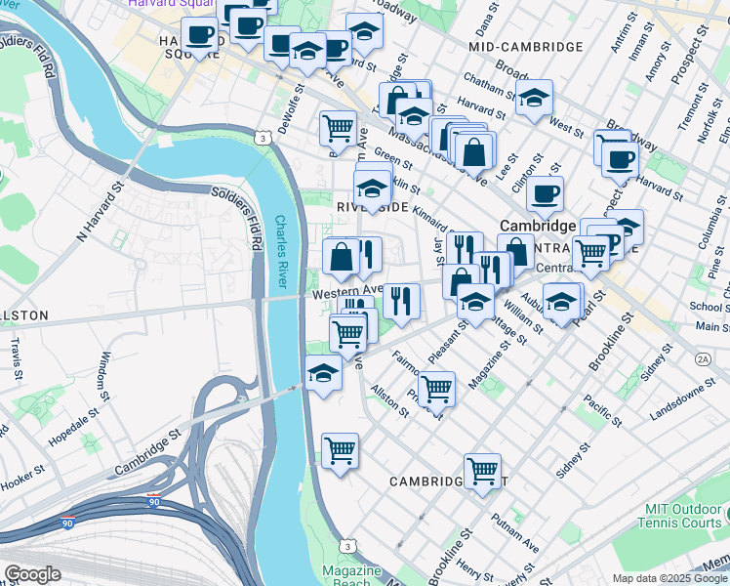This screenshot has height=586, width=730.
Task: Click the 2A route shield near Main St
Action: pos(703,359)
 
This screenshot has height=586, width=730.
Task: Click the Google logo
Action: pos(32,574)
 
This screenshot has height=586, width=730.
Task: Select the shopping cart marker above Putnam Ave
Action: pos(482,471)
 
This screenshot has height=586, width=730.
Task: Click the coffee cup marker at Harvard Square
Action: pos(200,35)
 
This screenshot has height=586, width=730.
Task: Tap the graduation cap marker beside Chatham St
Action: pos(534,98)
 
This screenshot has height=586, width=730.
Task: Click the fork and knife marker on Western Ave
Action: pos(401,300)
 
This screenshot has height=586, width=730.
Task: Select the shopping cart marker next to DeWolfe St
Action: pos(338,127)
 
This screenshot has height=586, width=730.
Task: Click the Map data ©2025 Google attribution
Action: pos(669,578)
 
